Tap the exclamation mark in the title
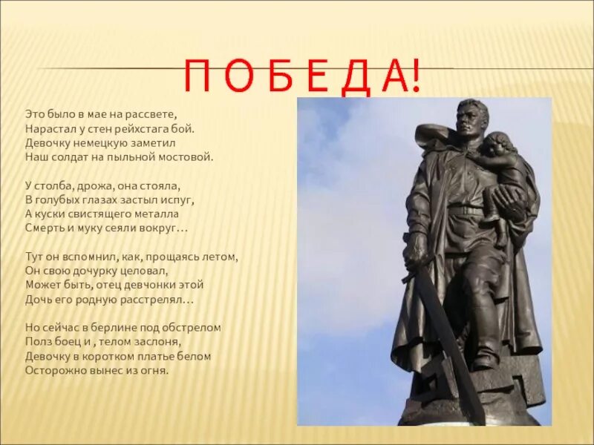pyautogui.click(x=414, y=76)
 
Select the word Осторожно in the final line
pyautogui.click(x=52, y=370)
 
